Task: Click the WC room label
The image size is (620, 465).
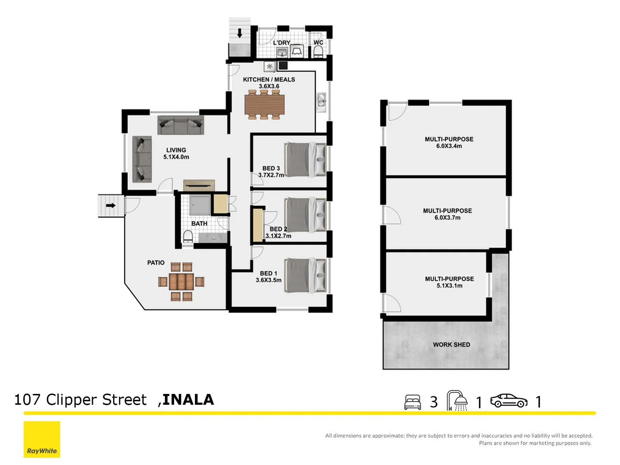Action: [x=318, y=42]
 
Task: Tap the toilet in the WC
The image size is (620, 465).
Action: [x=318, y=51]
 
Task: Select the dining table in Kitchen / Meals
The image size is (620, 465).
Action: [x=264, y=105]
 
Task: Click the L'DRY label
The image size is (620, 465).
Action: [x=281, y=43]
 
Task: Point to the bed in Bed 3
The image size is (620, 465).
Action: [x=305, y=159]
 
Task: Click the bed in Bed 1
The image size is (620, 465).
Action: [x=305, y=275]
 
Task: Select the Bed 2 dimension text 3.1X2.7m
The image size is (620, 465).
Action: [x=278, y=236]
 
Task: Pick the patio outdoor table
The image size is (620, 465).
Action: [x=181, y=282]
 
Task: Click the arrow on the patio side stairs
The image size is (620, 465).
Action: [x=111, y=205]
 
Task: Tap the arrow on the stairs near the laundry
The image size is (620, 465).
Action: [x=240, y=33]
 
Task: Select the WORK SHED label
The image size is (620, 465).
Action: [x=451, y=344]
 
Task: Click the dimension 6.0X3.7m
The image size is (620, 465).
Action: [x=447, y=218]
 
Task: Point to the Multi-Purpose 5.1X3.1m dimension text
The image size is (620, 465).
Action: [x=449, y=286]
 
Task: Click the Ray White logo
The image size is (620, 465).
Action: [x=42, y=439]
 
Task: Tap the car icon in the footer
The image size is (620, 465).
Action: [x=509, y=401]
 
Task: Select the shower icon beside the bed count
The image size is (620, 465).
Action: [x=457, y=401]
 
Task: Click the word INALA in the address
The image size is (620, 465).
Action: [x=188, y=400]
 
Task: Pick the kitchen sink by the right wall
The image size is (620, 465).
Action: [x=321, y=102]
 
